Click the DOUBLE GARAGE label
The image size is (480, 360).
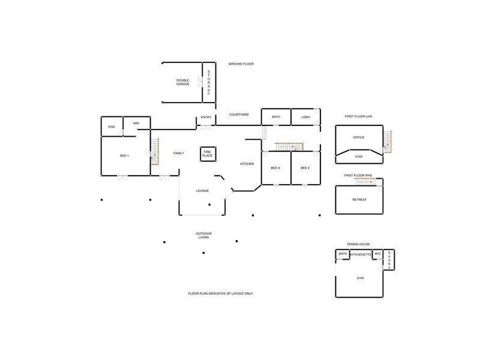pos(183,82)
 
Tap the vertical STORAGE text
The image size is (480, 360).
pos(209,83)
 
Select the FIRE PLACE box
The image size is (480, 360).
pos(208,154)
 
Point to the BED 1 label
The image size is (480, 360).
pos(124,156)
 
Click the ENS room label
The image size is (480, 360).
pos(112,127)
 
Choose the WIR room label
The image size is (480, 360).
pos(136,124)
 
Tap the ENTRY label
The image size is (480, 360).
pos(206,118)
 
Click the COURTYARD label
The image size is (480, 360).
pos(239,115)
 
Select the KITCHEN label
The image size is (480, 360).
pos(247,164)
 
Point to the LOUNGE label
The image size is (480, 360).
pos(202,191)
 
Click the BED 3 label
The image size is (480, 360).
pos(275,168)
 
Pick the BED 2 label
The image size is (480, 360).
pos(305,168)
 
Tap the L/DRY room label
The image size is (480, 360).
pos(305,117)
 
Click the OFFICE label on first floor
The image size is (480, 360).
pos(359,137)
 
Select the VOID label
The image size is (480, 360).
pos(359,157)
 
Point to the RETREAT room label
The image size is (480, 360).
pos(359,199)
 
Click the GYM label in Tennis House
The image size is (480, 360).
pos(360,278)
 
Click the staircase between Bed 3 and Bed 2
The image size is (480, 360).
pos(290,147)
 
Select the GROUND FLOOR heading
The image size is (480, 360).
pos(241,64)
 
